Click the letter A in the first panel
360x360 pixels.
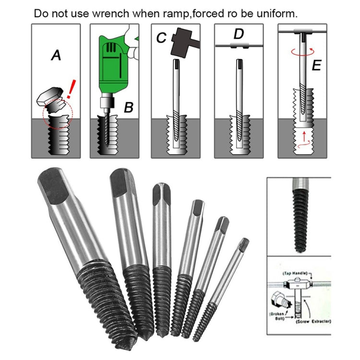56,56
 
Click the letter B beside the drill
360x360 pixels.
128,107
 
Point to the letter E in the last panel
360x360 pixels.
316,66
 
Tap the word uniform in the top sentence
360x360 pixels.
277,13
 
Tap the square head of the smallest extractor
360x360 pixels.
244,245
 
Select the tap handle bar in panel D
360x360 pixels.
239,46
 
